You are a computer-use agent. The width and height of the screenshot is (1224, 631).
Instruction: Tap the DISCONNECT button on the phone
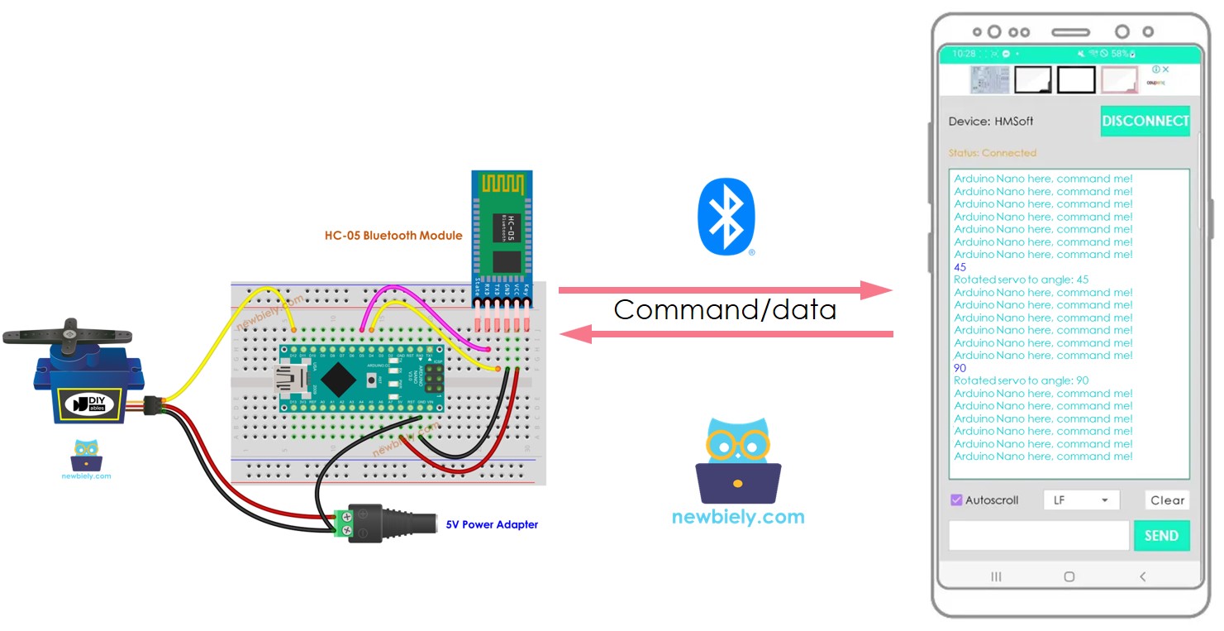[1145, 121]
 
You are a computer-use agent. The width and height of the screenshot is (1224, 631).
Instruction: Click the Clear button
[1167, 500]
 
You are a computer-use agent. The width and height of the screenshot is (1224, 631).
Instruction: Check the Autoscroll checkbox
[956, 500]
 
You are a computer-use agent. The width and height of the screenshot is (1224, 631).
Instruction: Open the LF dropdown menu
[1081, 500]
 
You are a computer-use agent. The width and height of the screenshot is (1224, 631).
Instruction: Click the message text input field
[1038, 536]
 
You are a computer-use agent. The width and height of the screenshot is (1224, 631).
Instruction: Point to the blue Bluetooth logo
[726, 217]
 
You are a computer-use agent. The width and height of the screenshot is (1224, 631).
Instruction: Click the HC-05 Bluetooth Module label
[393, 236]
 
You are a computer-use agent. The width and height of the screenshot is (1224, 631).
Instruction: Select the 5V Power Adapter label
[492, 524]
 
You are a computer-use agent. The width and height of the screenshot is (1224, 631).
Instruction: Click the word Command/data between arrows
[725, 310]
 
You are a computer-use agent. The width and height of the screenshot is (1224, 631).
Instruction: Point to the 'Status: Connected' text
[992, 153]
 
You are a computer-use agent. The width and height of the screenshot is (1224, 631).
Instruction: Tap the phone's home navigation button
[1069, 576]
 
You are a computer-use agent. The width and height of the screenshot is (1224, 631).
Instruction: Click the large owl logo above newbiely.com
[737, 461]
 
